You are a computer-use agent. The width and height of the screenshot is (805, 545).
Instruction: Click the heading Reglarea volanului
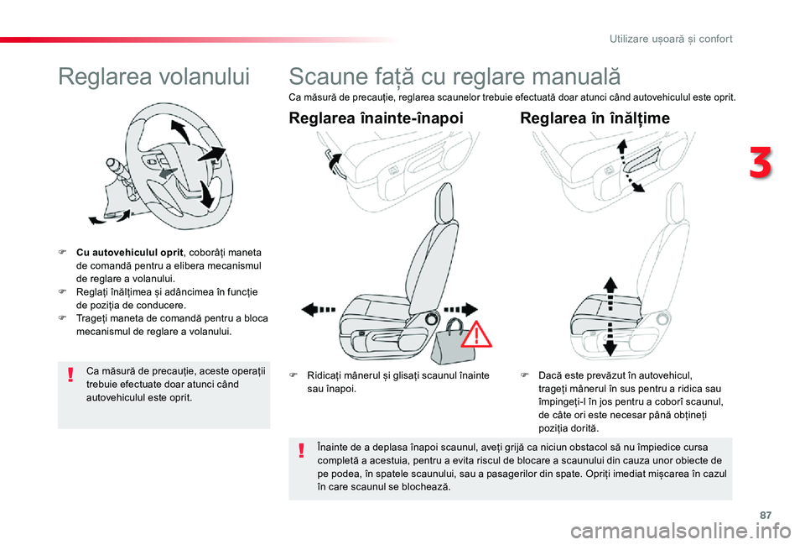click(154, 77)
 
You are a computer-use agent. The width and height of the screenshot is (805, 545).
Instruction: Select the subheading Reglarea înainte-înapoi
click(376, 118)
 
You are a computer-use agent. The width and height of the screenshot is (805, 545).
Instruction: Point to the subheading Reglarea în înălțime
click(595, 118)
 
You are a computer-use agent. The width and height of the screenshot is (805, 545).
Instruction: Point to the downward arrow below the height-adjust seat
click(610, 346)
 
